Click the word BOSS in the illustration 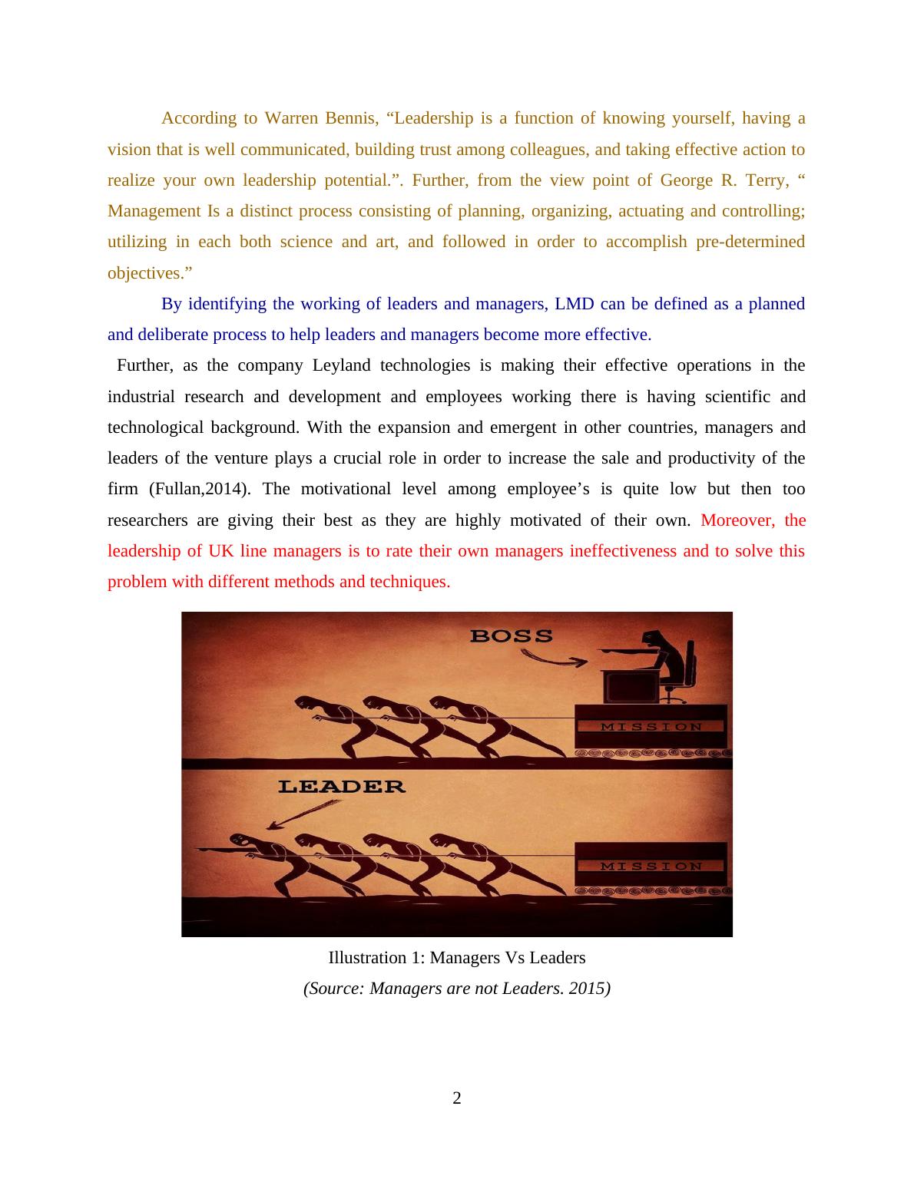point(511,636)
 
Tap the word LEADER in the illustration point(342,787)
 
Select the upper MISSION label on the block point(651,727)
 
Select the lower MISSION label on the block point(651,867)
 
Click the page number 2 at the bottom point(457,1098)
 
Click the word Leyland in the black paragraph point(342,365)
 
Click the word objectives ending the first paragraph point(150,273)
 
